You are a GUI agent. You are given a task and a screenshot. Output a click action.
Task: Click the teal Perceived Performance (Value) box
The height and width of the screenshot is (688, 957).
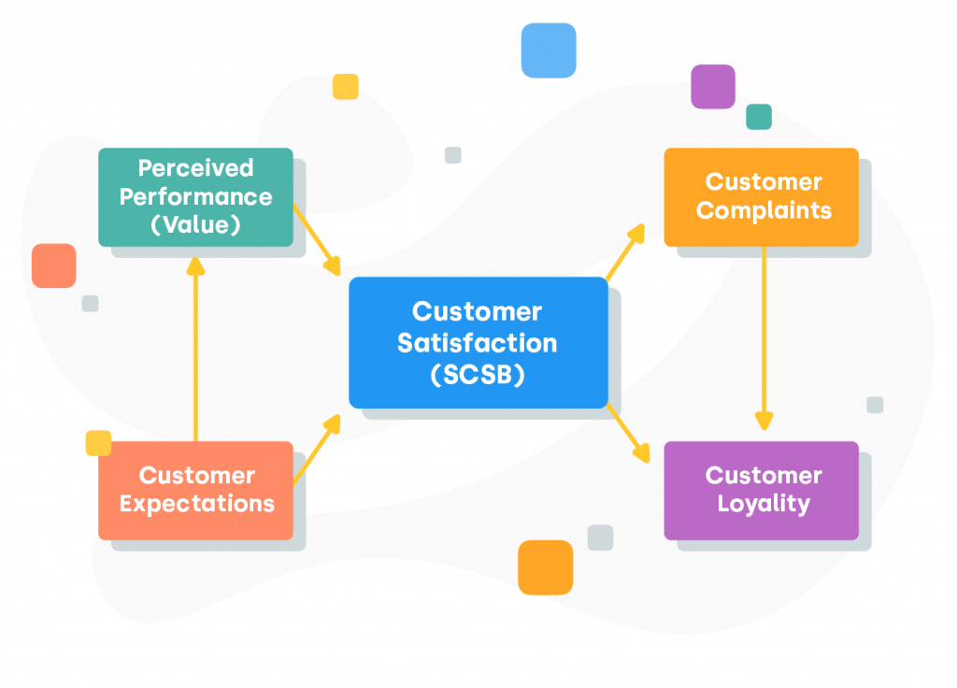pyautogui.click(x=195, y=197)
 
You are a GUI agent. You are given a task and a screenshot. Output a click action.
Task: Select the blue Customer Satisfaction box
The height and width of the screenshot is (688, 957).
pyautogui.click(x=478, y=342)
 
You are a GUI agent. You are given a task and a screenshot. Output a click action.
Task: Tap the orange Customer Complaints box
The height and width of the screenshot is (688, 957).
pyautogui.click(x=761, y=197)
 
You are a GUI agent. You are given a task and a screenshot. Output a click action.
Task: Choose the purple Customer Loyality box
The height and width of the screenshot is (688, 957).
pyautogui.click(x=761, y=490)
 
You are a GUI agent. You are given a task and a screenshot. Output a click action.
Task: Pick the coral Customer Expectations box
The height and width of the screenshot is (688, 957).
pyautogui.click(x=195, y=490)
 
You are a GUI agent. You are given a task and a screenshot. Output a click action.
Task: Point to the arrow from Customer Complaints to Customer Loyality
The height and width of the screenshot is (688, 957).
pyautogui.click(x=764, y=337)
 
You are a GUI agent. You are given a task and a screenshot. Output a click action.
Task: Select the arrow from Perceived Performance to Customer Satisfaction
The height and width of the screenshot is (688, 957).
pyautogui.click(x=317, y=238)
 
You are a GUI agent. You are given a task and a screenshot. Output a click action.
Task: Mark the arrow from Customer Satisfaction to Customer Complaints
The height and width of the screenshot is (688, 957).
pyautogui.click(x=625, y=251)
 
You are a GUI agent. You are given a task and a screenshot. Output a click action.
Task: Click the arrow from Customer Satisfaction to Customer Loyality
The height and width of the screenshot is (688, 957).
pyautogui.click(x=627, y=433)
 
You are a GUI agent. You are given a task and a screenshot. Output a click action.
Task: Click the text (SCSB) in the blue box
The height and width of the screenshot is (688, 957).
pyautogui.click(x=478, y=374)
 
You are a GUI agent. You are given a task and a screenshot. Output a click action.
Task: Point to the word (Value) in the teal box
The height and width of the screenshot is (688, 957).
pyautogui.click(x=195, y=225)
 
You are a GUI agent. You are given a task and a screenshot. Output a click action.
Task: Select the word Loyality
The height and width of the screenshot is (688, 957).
pyautogui.click(x=764, y=504)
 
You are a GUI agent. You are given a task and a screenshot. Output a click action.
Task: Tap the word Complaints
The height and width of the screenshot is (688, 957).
pyautogui.click(x=764, y=210)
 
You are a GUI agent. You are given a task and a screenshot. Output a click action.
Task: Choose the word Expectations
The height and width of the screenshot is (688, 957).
pyautogui.click(x=197, y=504)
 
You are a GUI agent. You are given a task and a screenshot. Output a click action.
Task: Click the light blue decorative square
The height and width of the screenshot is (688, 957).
pyautogui.click(x=549, y=50)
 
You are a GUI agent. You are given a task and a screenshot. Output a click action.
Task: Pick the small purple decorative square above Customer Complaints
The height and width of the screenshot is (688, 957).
pyautogui.click(x=713, y=86)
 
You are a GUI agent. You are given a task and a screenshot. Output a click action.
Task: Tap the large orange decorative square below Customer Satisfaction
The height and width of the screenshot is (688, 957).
pyautogui.click(x=545, y=567)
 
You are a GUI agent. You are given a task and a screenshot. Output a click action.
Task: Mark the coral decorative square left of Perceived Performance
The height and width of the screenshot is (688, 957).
pyautogui.click(x=53, y=265)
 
